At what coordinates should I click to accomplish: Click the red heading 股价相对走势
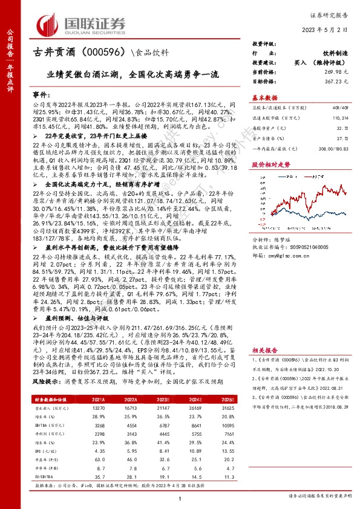269,164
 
